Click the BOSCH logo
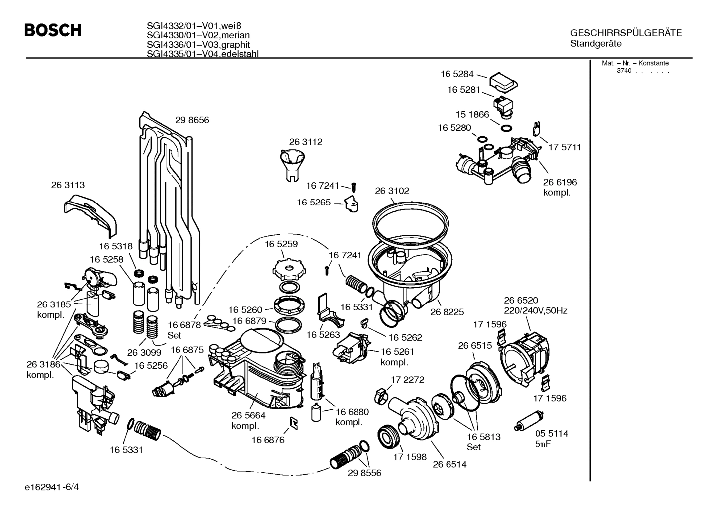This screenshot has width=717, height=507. pos(53,31)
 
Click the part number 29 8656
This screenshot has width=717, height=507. pos(192,120)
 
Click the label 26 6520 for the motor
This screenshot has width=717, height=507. pos(521,300)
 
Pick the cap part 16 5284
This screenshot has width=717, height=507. pos(504,82)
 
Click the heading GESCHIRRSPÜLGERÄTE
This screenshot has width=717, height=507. pos(626,33)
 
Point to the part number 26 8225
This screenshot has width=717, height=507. pos(447,312)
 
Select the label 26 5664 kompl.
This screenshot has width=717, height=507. pos(248,421)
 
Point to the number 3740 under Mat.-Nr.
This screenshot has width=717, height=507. pos(624,71)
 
